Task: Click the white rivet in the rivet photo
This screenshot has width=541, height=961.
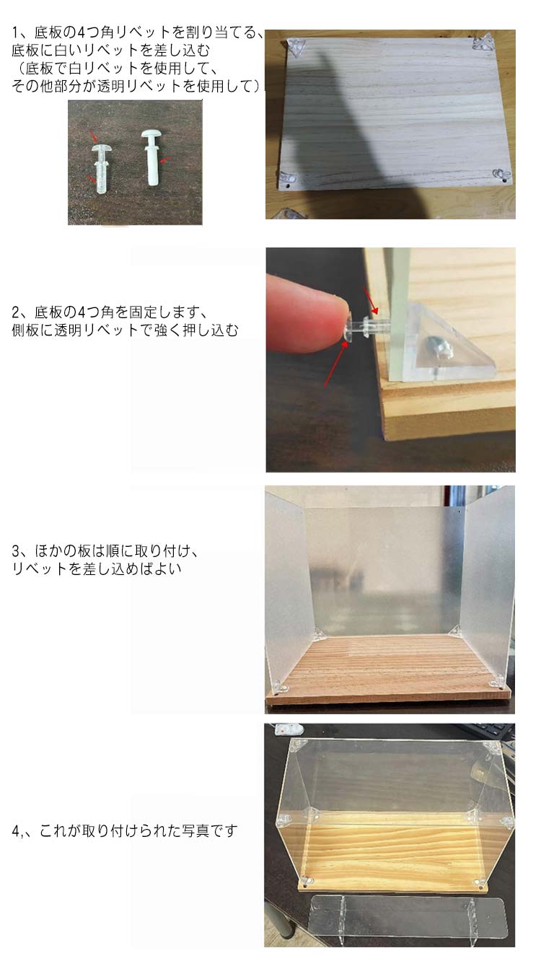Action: tap(151, 157)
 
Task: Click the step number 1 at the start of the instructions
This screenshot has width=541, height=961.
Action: tap(16, 32)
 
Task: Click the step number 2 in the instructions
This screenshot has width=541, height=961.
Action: tap(16, 312)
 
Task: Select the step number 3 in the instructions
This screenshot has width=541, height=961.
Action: tap(16, 551)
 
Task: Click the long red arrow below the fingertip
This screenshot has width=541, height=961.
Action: tap(335, 364)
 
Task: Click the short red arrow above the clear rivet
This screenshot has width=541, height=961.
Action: tap(371, 301)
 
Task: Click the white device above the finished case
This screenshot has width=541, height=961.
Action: tap(289, 729)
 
